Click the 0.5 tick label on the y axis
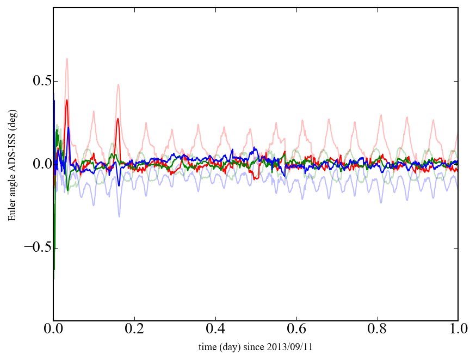[37, 82]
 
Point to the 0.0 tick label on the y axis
[37, 165]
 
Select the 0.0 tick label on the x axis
[53, 330]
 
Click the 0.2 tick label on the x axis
[134, 330]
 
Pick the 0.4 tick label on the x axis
[215, 330]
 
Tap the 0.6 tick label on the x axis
[296, 330]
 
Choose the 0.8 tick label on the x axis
[377, 330]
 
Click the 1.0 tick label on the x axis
[458, 330]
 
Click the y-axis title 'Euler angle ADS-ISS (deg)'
[12, 164]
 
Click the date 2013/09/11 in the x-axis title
[300, 347]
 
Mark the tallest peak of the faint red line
[67, 58]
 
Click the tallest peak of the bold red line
[67, 100]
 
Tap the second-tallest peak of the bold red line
[118, 119]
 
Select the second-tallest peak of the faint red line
[118, 84]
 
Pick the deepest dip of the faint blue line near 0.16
[119, 216]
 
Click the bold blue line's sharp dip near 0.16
[119, 185]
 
